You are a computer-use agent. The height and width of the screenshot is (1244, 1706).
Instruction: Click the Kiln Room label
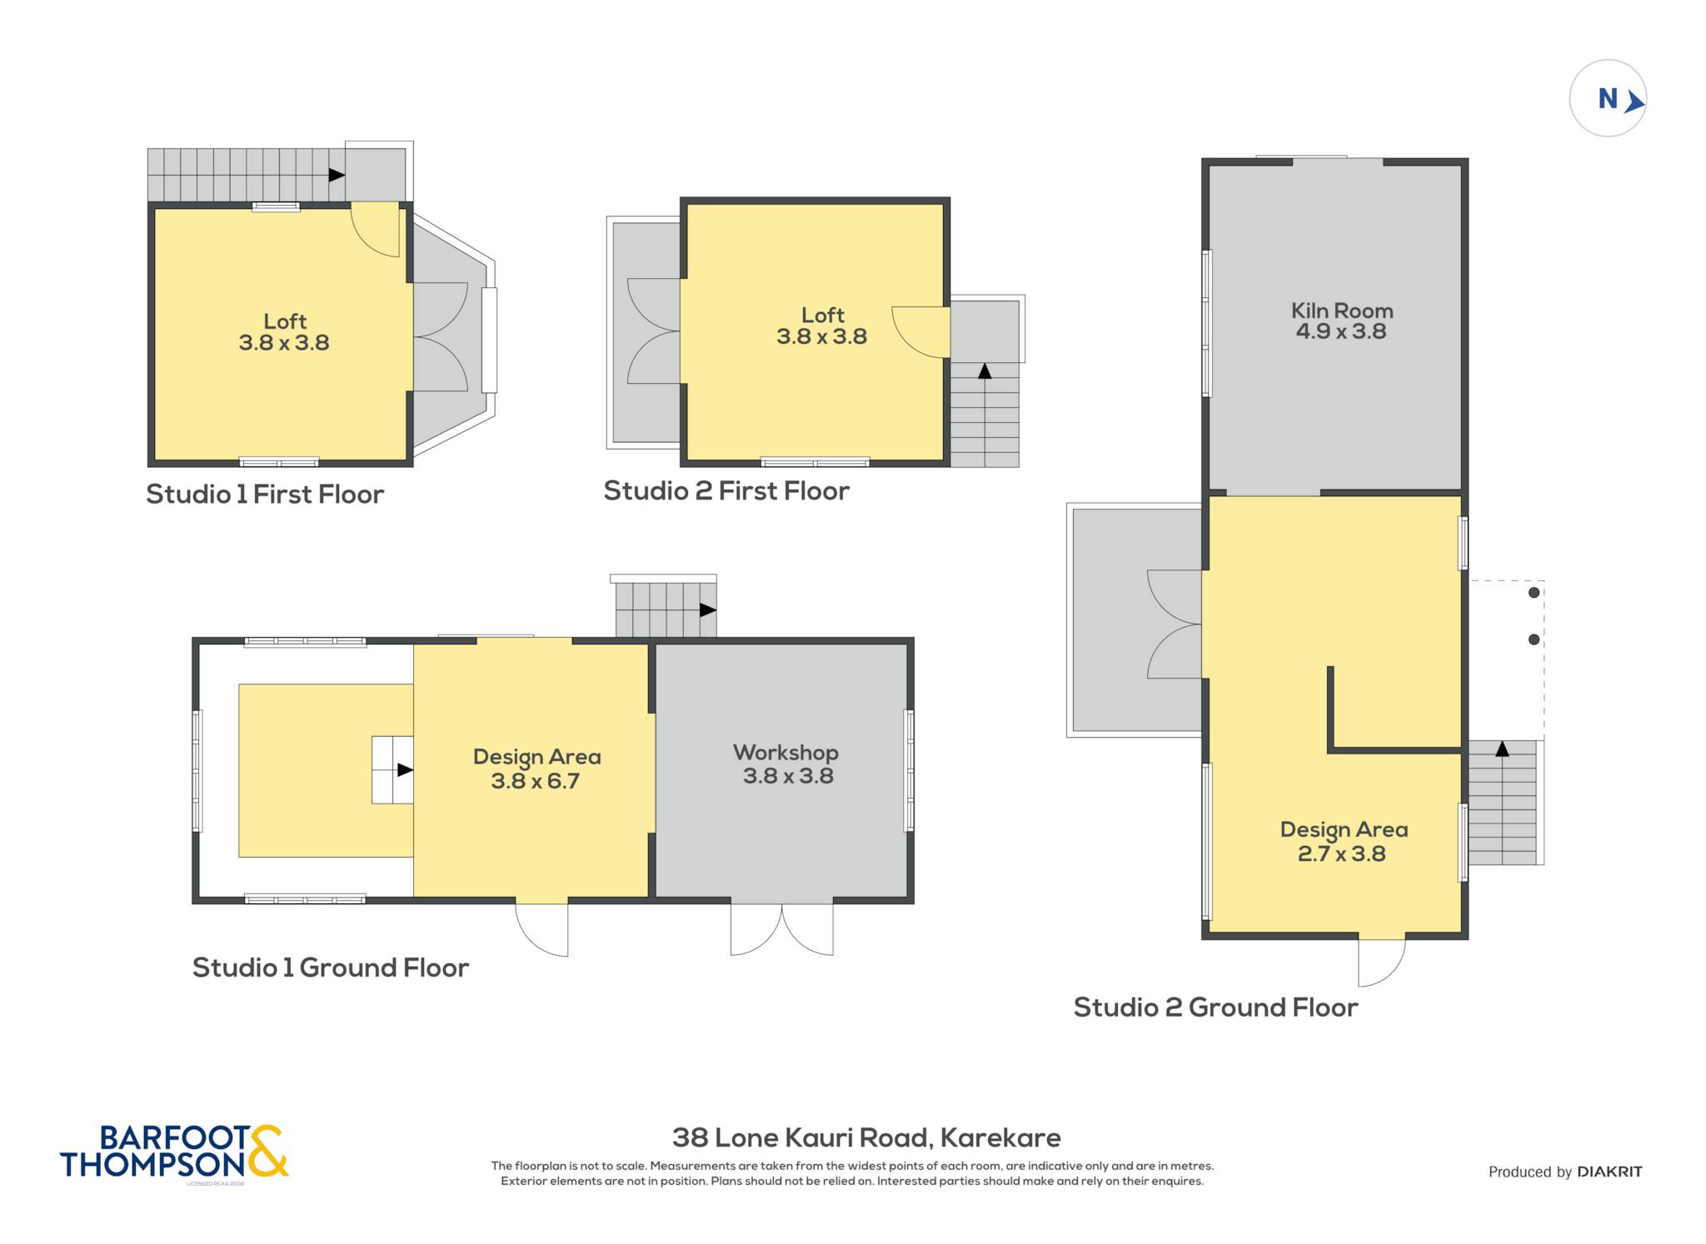coord(1342,311)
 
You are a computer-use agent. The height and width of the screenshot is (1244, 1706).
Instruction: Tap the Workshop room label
coord(786,753)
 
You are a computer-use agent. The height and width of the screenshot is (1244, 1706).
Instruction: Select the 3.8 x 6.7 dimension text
coord(535,781)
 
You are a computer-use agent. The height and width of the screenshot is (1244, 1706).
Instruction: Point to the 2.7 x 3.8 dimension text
coord(1341,853)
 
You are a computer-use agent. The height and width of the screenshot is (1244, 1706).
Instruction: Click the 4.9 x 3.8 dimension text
coord(1341,331)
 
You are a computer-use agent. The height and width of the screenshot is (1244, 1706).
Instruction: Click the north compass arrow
coord(1634,102)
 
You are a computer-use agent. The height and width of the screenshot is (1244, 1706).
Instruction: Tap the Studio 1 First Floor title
coord(265,494)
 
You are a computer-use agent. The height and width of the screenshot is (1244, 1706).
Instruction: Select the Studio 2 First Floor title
coord(726,490)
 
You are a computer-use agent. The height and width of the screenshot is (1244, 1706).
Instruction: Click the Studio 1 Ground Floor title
coord(331,968)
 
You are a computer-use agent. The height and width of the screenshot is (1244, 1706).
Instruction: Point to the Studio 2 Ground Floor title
coord(1215,1008)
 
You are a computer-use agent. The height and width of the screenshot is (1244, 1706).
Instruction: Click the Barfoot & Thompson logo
coord(174,1152)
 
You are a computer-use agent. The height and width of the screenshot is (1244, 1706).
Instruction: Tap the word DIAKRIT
coord(1609,1172)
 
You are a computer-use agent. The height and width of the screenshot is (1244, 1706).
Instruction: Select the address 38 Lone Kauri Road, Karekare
coord(866,1137)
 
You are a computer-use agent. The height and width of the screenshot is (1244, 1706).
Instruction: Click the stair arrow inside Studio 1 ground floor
coord(405,770)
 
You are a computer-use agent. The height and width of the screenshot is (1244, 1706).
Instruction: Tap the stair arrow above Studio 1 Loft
coord(337,175)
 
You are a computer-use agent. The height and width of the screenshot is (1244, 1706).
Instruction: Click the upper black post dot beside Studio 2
coord(1534,593)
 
